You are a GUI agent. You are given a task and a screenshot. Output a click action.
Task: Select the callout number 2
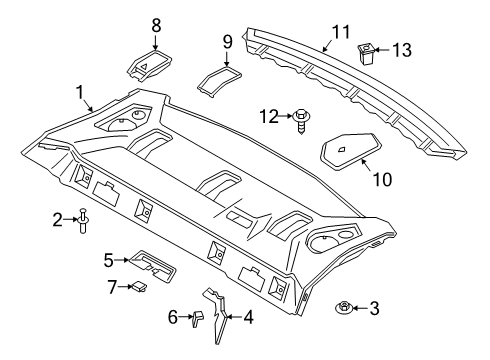(58, 218)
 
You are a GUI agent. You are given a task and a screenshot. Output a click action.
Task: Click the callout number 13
(401, 50)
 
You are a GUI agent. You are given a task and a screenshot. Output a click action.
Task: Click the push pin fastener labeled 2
(83, 220)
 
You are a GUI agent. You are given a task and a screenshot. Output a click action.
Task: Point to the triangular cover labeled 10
(343, 150)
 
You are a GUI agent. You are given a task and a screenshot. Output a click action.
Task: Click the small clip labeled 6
(199, 318)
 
